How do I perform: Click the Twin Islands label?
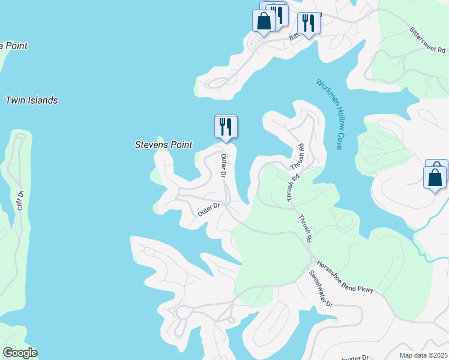coord(32,100)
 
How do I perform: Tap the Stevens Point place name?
coord(163,145)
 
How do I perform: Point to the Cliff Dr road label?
coord(20,200)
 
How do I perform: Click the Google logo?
coord(19,353)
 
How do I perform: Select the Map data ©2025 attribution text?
coord(423,355)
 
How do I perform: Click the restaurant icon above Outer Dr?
coord(226,127)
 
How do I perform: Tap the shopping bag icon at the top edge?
coord(264,20)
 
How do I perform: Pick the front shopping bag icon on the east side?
coord(435,177)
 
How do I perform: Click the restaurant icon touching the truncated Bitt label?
coord(308,23)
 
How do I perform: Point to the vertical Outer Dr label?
coord(223,166)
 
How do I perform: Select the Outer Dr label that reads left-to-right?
coord(209,209)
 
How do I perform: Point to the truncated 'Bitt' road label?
coord(294,37)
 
